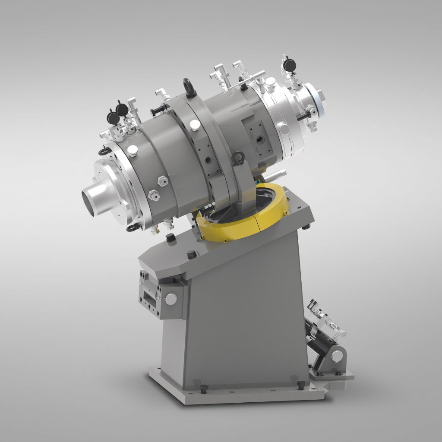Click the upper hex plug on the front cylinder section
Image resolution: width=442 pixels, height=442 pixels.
[x=163, y=181]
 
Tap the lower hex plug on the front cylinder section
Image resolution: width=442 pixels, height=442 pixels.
[x=153, y=196]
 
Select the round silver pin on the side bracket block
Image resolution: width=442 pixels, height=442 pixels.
[x=171, y=297]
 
